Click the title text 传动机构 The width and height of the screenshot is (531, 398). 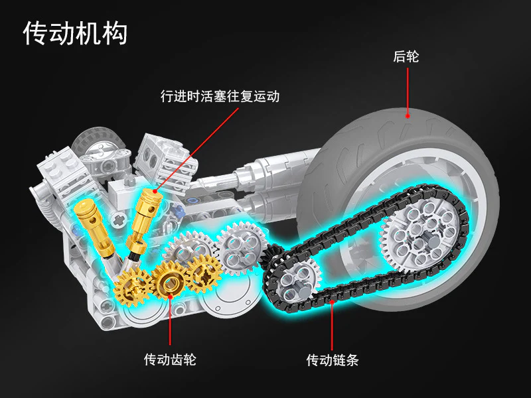75,33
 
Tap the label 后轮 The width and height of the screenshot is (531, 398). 406,57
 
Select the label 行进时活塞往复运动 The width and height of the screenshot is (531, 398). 220,96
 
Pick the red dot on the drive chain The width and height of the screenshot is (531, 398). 332,303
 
